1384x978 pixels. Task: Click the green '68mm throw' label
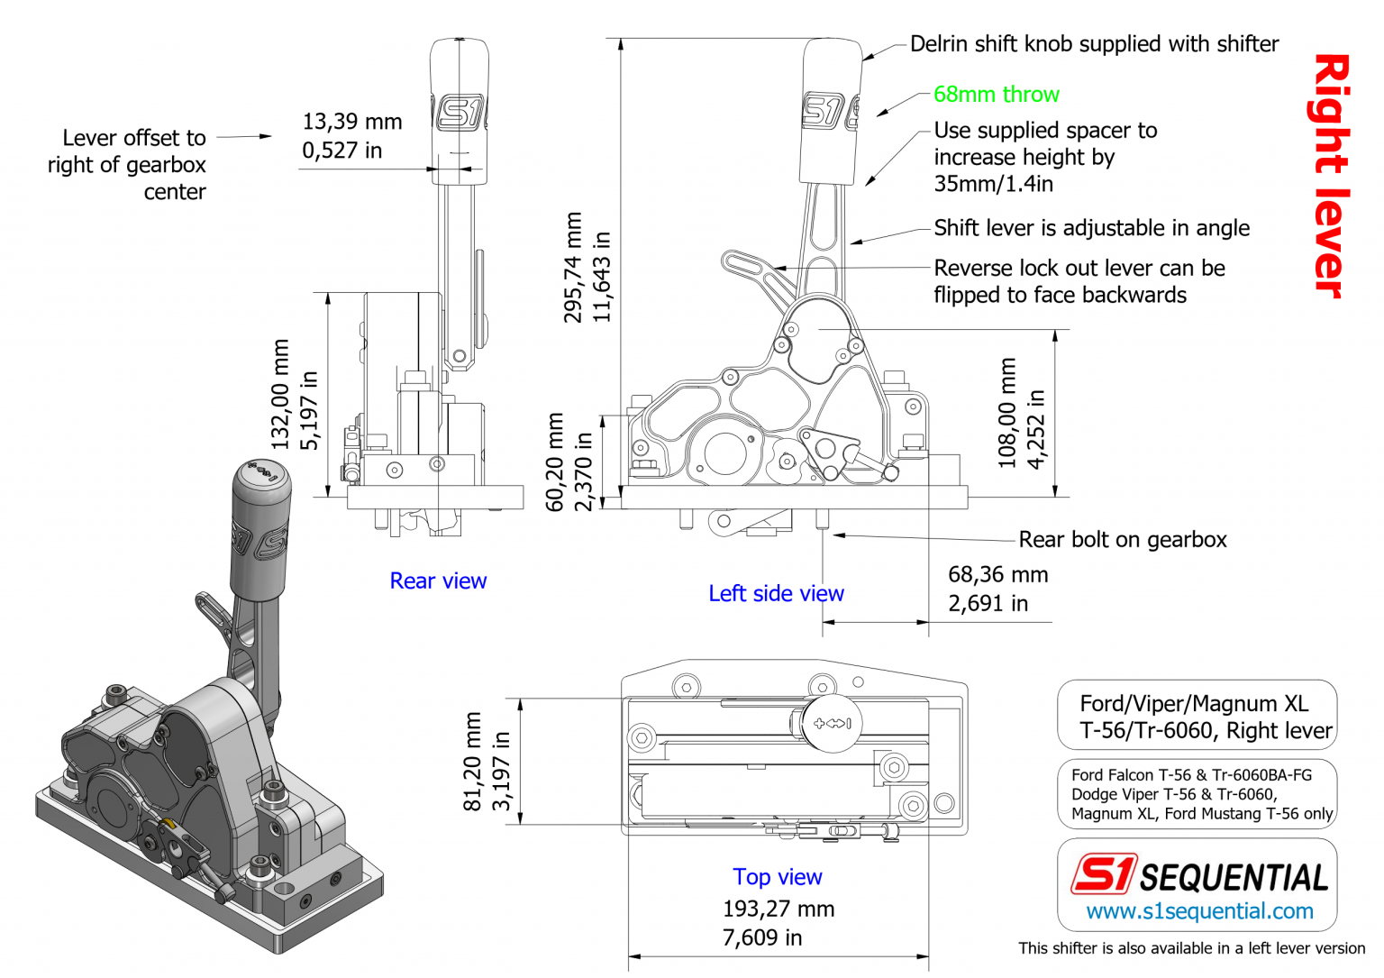(x=996, y=95)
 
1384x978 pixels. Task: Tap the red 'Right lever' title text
(x=1330, y=176)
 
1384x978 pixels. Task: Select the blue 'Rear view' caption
(x=438, y=581)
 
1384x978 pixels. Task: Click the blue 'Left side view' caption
(x=776, y=594)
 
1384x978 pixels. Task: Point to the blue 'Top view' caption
(x=777, y=877)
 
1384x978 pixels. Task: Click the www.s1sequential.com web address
(x=1199, y=911)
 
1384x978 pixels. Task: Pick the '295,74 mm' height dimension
(x=573, y=268)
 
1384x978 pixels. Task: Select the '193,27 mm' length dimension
(x=778, y=909)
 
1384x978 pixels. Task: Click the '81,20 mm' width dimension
(x=473, y=762)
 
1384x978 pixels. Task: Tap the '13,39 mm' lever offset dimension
(x=351, y=122)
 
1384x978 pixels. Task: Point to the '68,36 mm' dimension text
(x=997, y=575)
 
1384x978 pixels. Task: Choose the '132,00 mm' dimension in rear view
(x=281, y=394)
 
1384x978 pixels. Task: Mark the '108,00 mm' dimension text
(x=1007, y=413)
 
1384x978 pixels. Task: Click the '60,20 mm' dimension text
(x=556, y=462)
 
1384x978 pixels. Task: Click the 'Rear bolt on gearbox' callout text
(x=1123, y=540)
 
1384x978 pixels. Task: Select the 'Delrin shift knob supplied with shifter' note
(x=1094, y=44)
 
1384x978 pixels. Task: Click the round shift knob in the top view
(x=832, y=723)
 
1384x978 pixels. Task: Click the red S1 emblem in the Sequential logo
(x=1104, y=873)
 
